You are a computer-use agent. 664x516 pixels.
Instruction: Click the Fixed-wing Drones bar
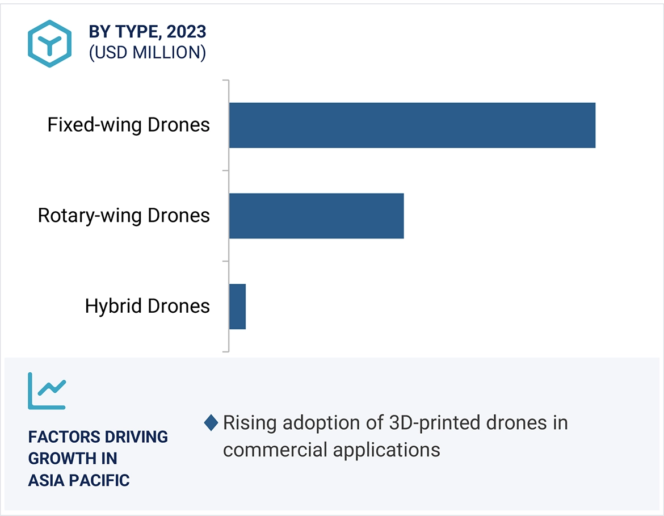412,125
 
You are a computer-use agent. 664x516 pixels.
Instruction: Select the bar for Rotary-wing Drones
316,216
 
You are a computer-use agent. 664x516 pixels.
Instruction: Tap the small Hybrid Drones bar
237,307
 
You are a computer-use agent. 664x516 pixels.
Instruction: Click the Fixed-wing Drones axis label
128,125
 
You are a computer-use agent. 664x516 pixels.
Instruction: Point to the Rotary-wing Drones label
124,216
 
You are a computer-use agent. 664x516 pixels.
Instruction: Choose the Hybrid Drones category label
147,307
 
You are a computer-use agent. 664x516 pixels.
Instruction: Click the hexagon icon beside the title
50,44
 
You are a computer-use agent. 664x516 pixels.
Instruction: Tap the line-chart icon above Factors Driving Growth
47,391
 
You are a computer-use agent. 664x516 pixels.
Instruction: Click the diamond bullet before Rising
211,423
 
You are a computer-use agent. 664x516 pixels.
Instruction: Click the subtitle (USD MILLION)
147,53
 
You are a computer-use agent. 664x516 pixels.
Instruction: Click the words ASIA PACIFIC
79,480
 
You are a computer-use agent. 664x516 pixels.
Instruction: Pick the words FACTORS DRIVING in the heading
98,437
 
